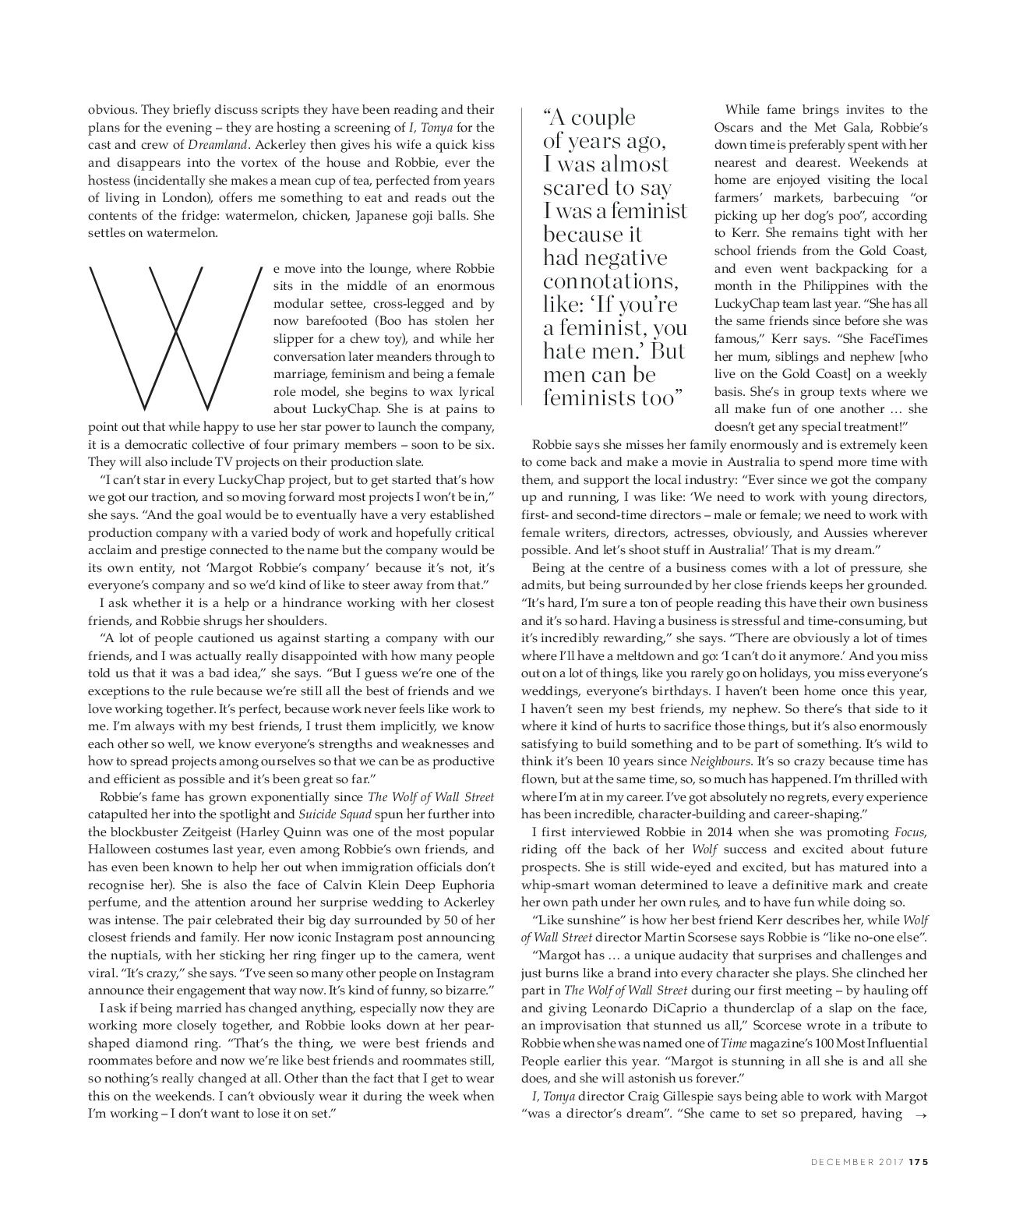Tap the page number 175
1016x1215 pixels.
[918, 1161]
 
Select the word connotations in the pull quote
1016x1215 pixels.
[605, 281]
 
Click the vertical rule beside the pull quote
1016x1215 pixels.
[521, 258]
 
